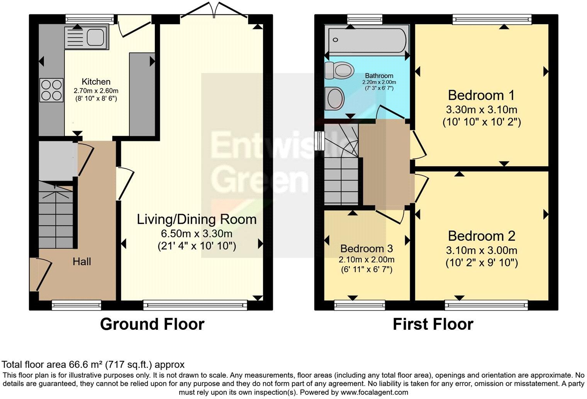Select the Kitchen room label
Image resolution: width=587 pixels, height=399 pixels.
tap(96, 82)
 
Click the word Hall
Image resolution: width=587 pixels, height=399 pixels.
tap(82, 262)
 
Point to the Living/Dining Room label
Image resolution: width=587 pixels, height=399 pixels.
tap(197, 219)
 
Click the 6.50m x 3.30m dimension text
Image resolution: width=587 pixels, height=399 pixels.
tap(197, 234)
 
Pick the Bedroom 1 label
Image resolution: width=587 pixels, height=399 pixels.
tap(481, 95)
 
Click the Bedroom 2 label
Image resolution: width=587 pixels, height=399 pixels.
tap(481, 236)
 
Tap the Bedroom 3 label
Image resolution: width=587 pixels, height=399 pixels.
tap(366, 248)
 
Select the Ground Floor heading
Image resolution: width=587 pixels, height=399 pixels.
tap(152, 324)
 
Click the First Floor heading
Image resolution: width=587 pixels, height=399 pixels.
tap(433, 324)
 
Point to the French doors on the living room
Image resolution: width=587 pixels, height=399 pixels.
tap(214, 10)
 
